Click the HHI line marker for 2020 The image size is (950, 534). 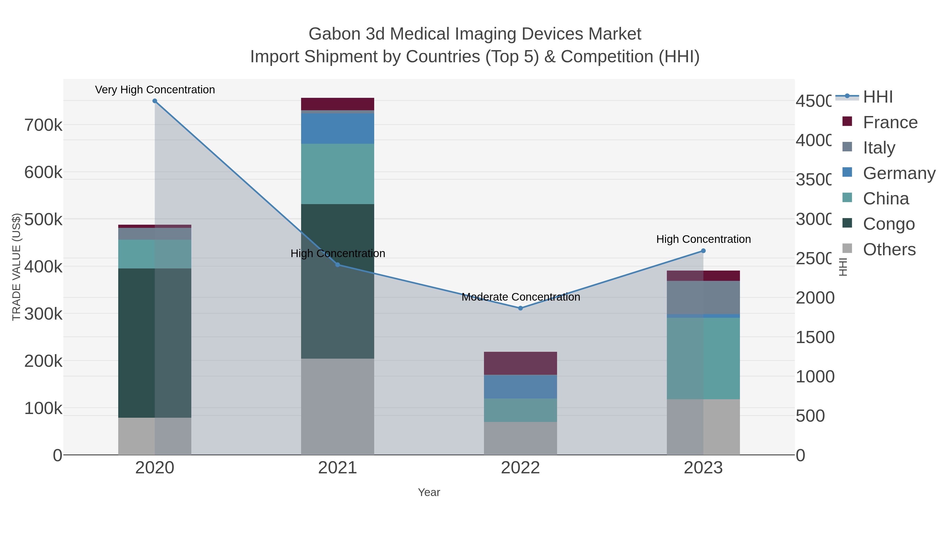tap(155, 101)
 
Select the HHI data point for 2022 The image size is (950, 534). tap(520, 308)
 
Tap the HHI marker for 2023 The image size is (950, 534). tap(703, 251)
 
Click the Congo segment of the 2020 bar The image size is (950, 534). tap(155, 343)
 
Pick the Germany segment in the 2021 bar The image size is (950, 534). tap(338, 128)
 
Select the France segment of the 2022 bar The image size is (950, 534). tap(520, 363)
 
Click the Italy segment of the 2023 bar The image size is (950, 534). tap(703, 297)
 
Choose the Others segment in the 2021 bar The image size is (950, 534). tap(338, 406)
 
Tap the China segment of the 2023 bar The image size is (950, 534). tap(703, 358)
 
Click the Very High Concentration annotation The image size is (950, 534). tap(155, 90)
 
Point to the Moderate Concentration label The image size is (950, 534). tap(520, 297)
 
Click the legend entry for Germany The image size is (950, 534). tap(899, 173)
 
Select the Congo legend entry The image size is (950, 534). tap(889, 224)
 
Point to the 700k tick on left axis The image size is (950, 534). tap(44, 125)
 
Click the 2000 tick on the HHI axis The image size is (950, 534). tap(814, 298)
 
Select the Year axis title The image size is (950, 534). tap(429, 492)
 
